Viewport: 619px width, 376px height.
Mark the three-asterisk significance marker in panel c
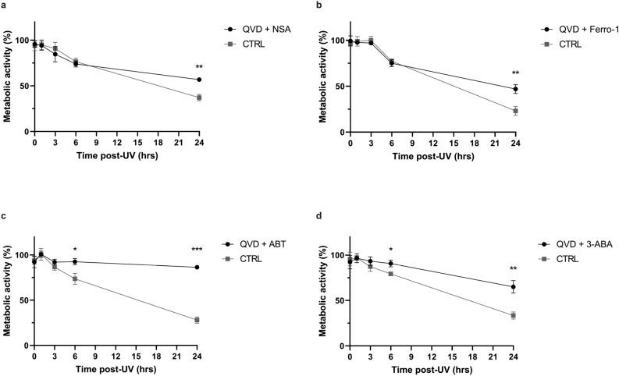pos(198,250)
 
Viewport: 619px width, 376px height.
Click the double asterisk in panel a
pos(200,67)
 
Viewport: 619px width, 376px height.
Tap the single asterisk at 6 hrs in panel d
pos(391,250)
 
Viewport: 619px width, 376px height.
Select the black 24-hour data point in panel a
pos(200,80)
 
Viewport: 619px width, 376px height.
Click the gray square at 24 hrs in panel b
pos(515,111)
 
